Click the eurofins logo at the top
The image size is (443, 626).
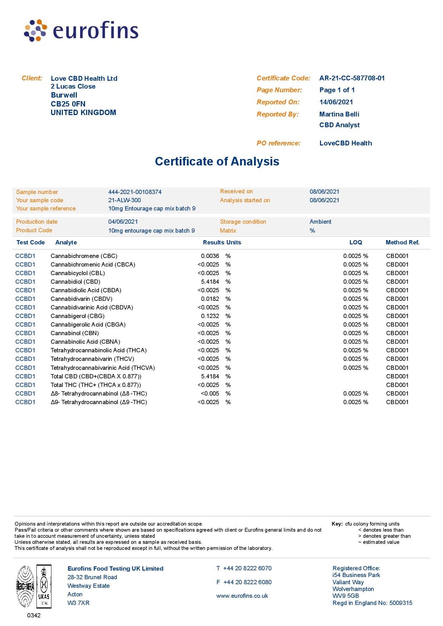[x=81, y=30]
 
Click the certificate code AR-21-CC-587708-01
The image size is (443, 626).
[x=352, y=78]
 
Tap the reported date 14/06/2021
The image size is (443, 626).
[x=336, y=102]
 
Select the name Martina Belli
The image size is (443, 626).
[x=339, y=114]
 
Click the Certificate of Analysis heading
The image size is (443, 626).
[x=217, y=162]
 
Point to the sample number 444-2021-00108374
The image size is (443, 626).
[x=135, y=192]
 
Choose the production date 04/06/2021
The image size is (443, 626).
[x=123, y=222]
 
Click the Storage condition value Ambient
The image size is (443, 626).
[x=320, y=222]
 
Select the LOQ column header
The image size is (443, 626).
[x=355, y=243]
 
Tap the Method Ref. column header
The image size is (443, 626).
[x=402, y=243]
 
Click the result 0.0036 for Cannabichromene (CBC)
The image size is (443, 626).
[x=210, y=256]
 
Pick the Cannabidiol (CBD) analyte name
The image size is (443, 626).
[x=75, y=282]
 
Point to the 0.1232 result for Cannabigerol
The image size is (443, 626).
[x=210, y=316]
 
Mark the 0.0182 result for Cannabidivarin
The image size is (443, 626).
[x=210, y=299]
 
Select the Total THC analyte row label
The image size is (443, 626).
[x=96, y=385]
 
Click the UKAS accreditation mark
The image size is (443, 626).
[x=44, y=586]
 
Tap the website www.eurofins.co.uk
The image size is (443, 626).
[x=242, y=596]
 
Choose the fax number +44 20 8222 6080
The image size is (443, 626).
[x=247, y=582]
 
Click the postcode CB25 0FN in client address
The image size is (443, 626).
[x=68, y=104]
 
